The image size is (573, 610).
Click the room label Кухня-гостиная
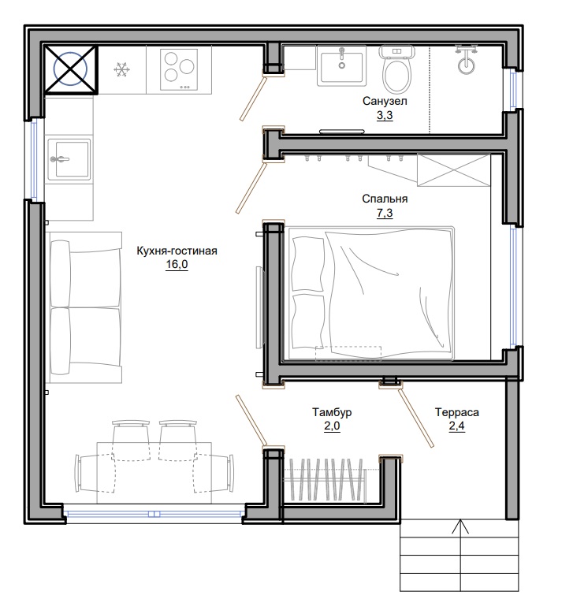177,251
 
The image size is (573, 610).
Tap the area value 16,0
177,265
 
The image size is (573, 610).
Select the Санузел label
385,101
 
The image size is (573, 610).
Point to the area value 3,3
385,116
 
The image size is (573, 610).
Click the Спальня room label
385,199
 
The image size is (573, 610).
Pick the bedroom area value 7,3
385,214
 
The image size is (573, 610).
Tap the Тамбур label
332,412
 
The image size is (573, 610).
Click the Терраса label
456,412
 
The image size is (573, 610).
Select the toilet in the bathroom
396,69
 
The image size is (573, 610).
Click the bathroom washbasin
341,65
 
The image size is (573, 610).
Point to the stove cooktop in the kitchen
179,70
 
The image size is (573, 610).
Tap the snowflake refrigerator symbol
121,70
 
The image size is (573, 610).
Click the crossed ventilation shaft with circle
70,69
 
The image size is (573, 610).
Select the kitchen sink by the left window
69,159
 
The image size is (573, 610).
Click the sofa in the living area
86,307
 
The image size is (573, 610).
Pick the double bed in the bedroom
371,294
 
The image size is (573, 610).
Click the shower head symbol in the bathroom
466,60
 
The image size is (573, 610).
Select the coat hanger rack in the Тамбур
325,479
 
